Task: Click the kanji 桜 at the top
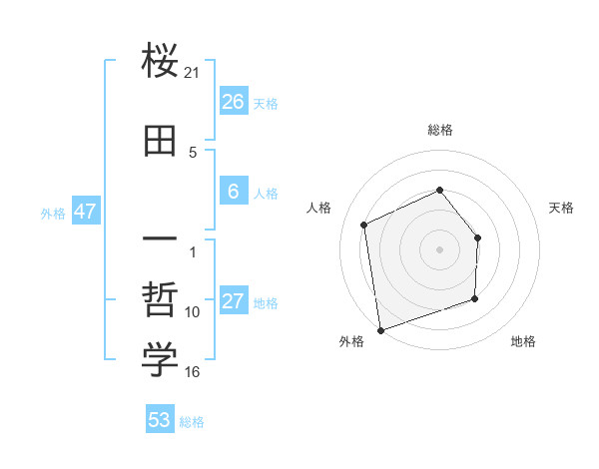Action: (x=160, y=63)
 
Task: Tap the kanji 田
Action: (x=160, y=141)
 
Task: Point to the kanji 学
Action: (x=160, y=360)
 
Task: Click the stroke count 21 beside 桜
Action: (x=193, y=73)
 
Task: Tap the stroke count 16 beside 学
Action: (x=193, y=372)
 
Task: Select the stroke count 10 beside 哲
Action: (x=193, y=312)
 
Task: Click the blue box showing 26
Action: (x=233, y=102)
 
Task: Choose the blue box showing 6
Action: (x=233, y=192)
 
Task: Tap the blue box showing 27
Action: (x=233, y=302)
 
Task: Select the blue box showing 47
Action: (x=85, y=212)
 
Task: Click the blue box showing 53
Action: (x=160, y=420)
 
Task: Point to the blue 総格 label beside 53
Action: (x=192, y=422)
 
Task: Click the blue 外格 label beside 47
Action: (x=53, y=214)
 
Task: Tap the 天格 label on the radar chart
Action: (x=562, y=208)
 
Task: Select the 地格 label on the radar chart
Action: (x=523, y=341)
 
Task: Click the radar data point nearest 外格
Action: (x=379, y=329)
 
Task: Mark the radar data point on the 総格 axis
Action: (x=440, y=190)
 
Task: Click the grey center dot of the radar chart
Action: (x=440, y=248)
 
